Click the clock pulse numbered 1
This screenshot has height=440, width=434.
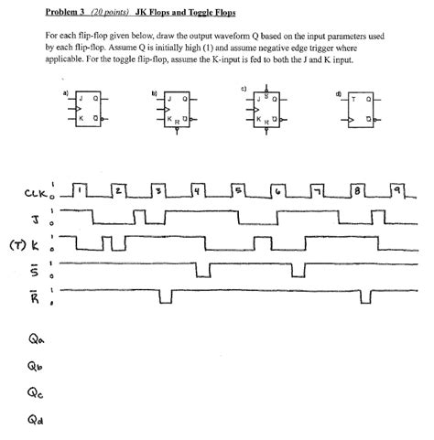click(81, 190)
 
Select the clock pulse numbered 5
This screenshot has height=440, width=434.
click(237, 190)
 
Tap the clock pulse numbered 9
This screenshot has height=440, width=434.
click(395, 190)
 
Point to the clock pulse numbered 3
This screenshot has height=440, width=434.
click(158, 190)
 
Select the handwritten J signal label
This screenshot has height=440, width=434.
click(31, 218)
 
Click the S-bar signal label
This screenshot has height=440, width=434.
click(34, 272)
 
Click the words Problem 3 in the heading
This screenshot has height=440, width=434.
click(65, 13)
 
